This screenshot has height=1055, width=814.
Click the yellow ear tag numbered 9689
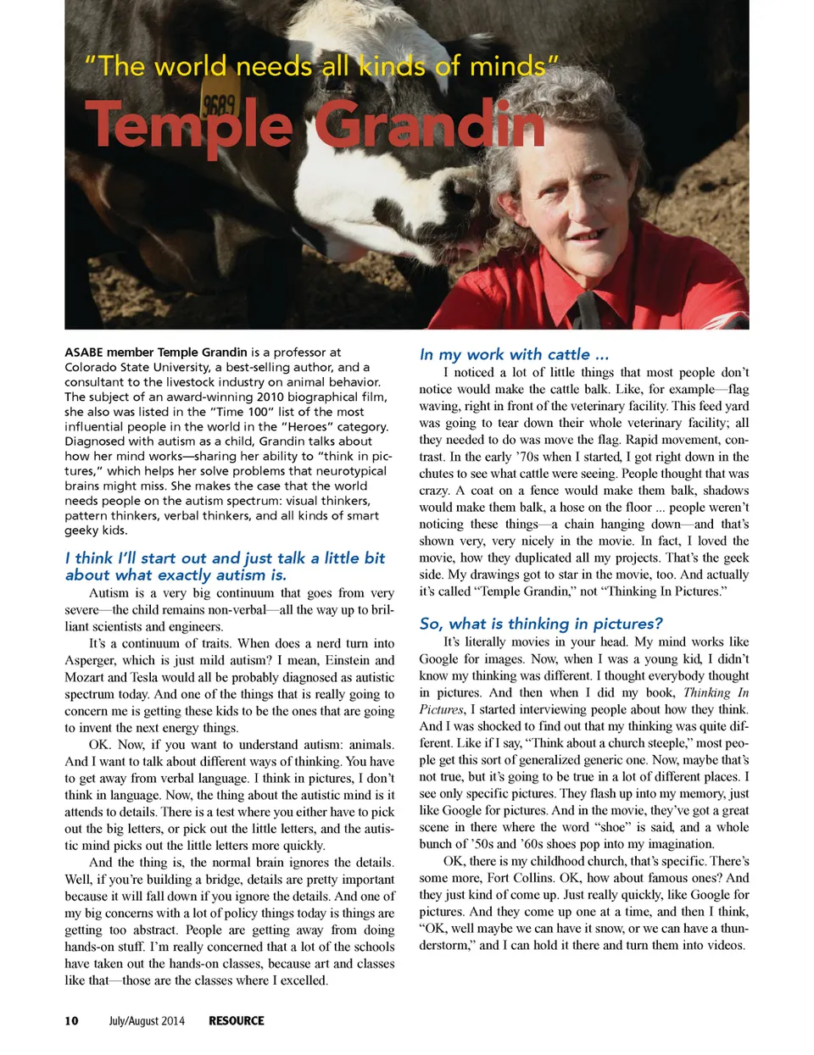219,108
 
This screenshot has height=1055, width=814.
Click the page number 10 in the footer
71,1020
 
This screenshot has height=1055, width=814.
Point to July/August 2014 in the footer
146,1020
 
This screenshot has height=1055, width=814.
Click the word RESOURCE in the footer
237,1020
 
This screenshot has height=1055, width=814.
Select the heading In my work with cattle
514,354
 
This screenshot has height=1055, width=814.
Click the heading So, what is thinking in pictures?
541,624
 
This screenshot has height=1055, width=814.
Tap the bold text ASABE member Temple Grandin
155,352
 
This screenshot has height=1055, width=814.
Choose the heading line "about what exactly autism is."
176,575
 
